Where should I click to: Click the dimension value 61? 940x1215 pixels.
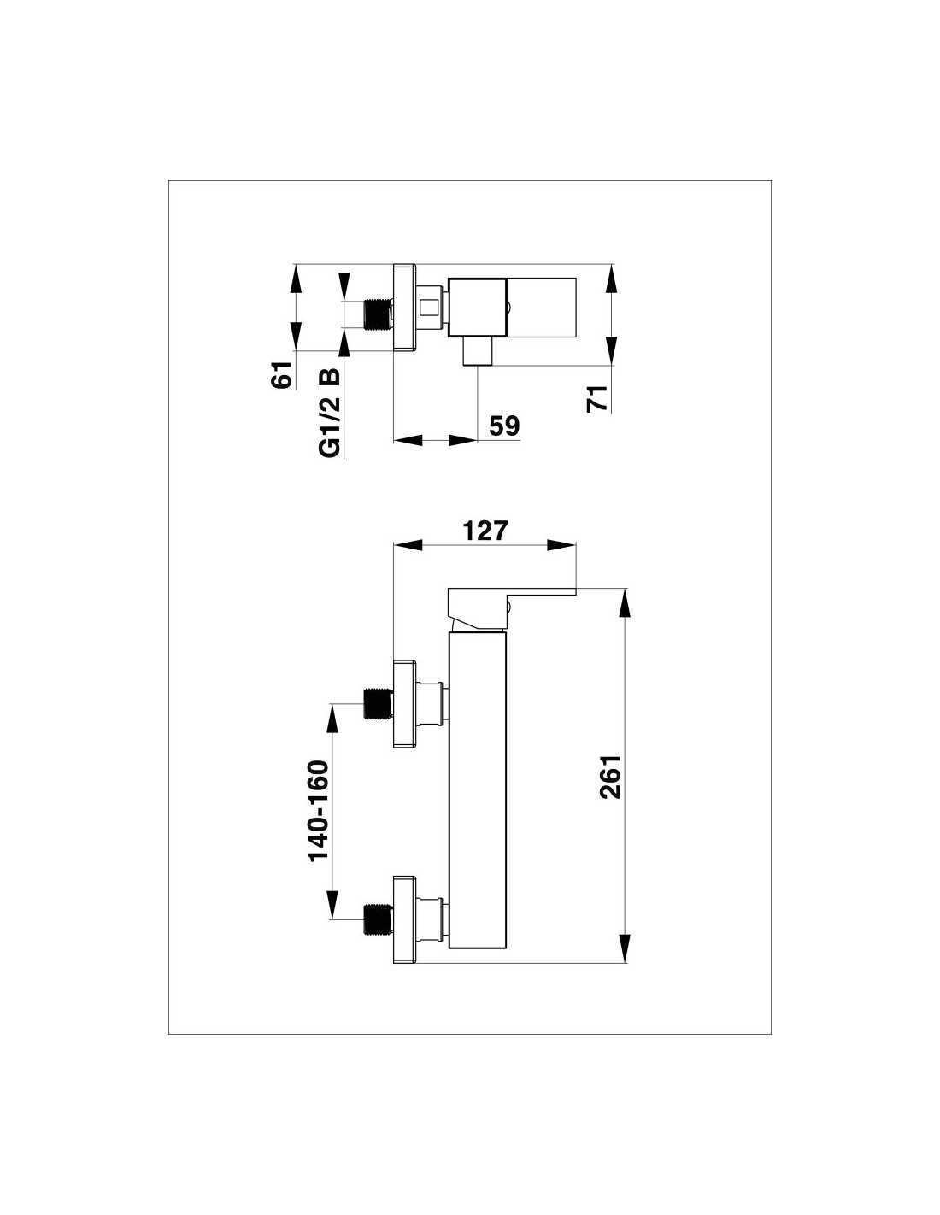tap(282, 374)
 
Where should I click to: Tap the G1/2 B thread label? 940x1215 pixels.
tap(330, 414)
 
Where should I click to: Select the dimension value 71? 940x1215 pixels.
tap(596, 399)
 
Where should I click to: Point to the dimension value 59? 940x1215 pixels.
tap(504, 426)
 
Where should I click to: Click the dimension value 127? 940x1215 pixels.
tap(485, 531)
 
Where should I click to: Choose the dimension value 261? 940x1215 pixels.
tap(610, 778)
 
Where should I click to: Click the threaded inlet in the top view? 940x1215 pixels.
tap(378, 314)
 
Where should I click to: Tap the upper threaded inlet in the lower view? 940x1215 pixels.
tap(378, 703)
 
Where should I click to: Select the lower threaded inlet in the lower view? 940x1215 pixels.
tap(378, 919)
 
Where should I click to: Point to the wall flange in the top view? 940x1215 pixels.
tap(405, 308)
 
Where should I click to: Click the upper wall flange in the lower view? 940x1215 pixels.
tap(405, 704)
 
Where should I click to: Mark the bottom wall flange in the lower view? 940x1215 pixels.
tap(405, 919)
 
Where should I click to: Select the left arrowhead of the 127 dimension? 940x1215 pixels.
tap(408, 545)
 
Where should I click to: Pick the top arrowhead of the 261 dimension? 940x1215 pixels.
tap(626, 602)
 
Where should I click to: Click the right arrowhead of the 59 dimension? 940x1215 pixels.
tap(463, 441)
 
